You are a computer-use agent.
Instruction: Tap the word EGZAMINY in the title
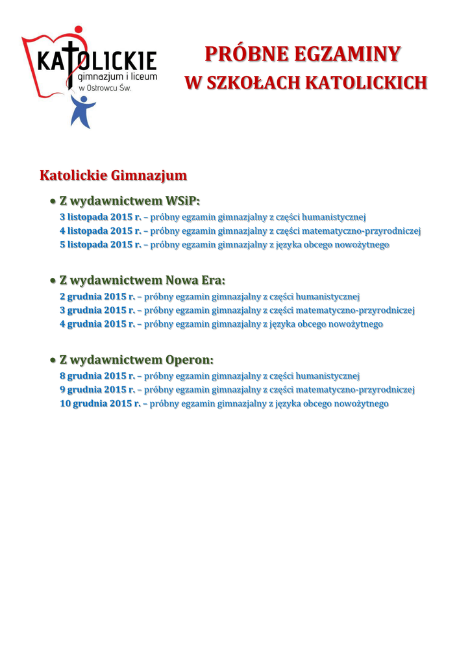(347, 55)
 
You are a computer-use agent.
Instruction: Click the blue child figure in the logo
(82, 111)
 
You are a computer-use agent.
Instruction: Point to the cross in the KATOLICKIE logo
(74, 62)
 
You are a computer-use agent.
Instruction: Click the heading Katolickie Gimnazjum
(114, 176)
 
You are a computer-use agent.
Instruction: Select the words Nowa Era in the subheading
(195, 281)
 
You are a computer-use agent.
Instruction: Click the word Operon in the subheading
(189, 360)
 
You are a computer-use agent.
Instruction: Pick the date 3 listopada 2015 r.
(101, 217)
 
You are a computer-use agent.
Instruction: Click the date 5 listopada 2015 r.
(101, 245)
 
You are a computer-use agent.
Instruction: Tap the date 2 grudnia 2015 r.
(97, 297)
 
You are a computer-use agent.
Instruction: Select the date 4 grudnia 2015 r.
(97, 324)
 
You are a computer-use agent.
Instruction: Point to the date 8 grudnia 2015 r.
(97, 376)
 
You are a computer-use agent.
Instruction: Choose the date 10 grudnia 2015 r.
(100, 404)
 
